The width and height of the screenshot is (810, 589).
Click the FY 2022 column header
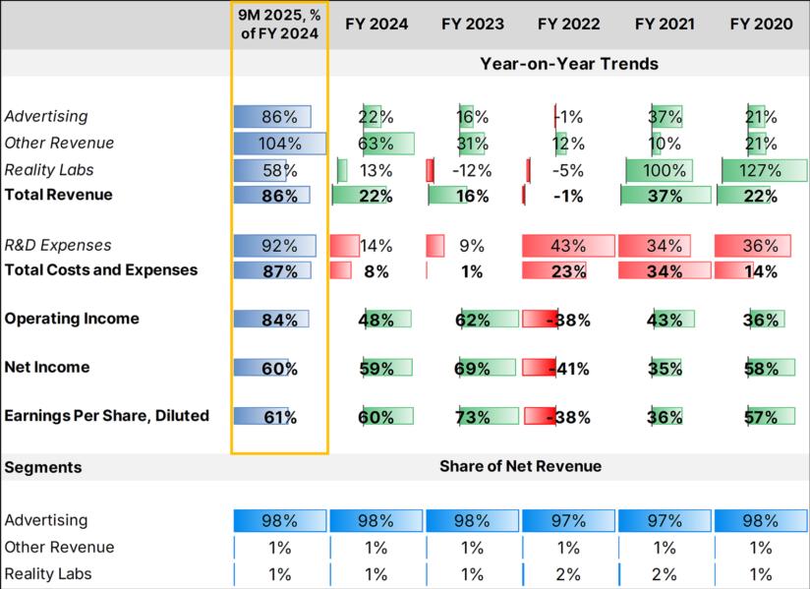click(569, 24)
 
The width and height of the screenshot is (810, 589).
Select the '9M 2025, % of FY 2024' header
click(279, 24)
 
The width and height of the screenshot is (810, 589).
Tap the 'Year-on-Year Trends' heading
click(569, 64)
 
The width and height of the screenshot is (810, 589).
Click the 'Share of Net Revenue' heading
click(520, 466)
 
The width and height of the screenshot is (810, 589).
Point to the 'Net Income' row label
click(47, 368)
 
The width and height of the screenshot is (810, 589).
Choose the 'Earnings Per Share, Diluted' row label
click(107, 416)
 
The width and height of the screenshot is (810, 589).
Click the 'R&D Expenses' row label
click(58, 246)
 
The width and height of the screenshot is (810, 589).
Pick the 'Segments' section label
click(43, 467)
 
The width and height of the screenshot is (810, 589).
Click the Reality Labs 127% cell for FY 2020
click(762, 170)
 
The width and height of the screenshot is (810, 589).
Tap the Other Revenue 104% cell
click(279, 144)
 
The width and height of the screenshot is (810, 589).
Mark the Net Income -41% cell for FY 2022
click(569, 369)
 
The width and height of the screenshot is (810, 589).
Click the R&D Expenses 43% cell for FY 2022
click(569, 246)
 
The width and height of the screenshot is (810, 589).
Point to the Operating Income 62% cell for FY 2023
click(473, 320)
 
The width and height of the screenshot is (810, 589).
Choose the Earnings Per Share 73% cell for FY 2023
click(473, 417)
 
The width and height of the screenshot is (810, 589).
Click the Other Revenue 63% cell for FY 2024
click(376, 144)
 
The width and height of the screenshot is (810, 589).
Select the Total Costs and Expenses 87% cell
click(279, 270)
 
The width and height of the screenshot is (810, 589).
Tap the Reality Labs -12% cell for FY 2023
click(473, 170)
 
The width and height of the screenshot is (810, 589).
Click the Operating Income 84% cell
click(279, 320)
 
